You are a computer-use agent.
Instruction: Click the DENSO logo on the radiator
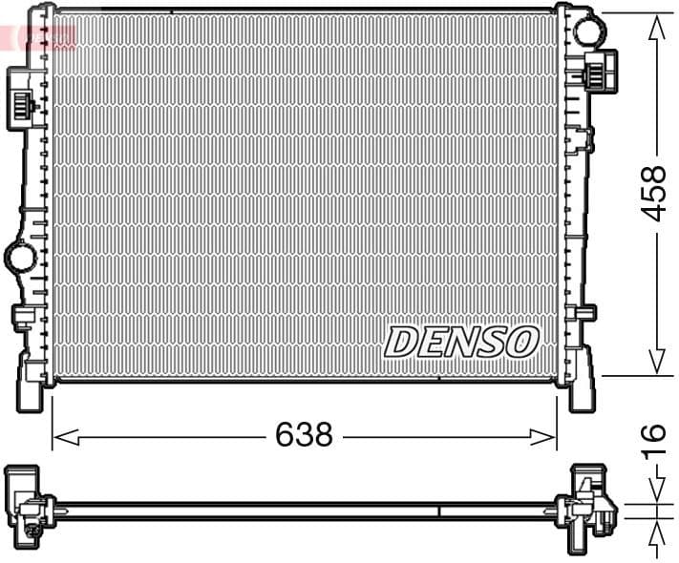pos(462,342)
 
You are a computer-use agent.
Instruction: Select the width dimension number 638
pos(304,435)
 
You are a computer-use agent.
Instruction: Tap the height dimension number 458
pos(653,194)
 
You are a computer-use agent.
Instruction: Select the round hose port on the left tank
pos(19,256)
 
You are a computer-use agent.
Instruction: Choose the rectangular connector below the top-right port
pos(599,72)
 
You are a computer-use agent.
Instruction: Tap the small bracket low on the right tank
pos(584,313)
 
